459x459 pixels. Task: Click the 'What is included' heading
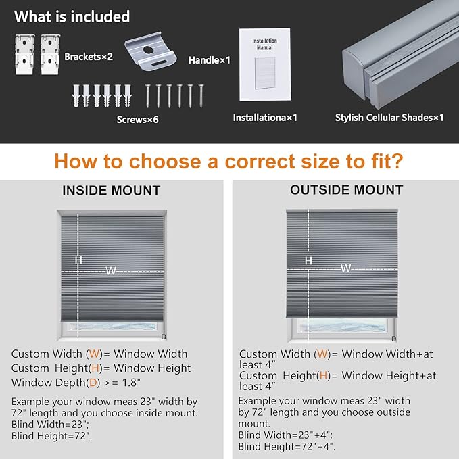pyautogui.click(x=72, y=16)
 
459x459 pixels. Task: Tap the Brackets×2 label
pyautogui.click(x=89, y=57)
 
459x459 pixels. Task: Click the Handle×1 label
pyautogui.click(x=210, y=60)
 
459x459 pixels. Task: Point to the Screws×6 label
pyautogui.click(x=138, y=120)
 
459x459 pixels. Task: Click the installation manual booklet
pyautogui.click(x=265, y=64)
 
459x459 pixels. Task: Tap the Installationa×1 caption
pyautogui.click(x=265, y=118)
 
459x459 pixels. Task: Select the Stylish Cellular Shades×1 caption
pyautogui.click(x=389, y=118)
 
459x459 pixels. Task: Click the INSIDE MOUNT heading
pyautogui.click(x=112, y=190)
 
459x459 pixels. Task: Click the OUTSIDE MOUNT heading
pyautogui.click(x=347, y=190)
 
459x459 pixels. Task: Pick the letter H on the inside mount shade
pyautogui.click(x=78, y=260)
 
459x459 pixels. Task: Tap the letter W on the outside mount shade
pyautogui.click(x=345, y=268)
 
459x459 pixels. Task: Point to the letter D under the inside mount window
pyautogui.click(x=164, y=337)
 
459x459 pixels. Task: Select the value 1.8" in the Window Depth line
pyautogui.click(x=131, y=383)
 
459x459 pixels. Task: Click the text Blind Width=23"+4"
pyautogui.click(x=285, y=435)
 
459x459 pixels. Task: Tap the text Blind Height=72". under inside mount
pyautogui.click(x=51, y=436)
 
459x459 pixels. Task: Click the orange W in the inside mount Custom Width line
pyautogui.click(x=94, y=354)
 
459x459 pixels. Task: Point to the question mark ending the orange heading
pyautogui.click(x=397, y=161)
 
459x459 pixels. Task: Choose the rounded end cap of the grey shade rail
pyautogui.click(x=354, y=74)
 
